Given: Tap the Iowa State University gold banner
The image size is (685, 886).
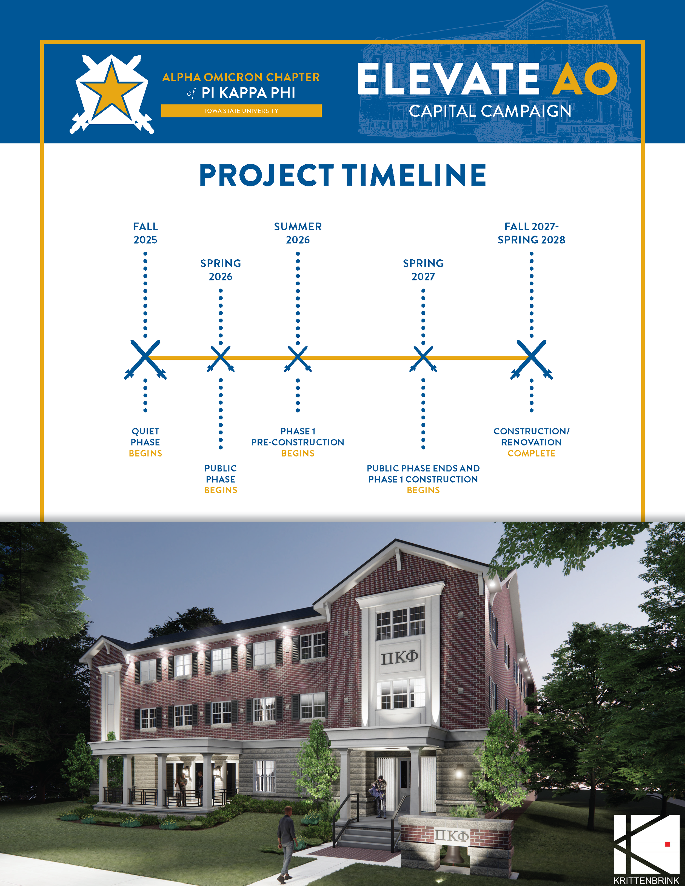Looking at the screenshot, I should pyautogui.click(x=241, y=111).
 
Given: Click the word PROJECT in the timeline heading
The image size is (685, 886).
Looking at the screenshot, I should pyautogui.click(x=266, y=175).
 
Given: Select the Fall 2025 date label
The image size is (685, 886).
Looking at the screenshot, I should pyautogui.click(x=145, y=233).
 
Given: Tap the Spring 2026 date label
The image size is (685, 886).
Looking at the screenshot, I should pyautogui.click(x=220, y=270).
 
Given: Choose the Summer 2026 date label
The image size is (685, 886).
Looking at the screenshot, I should pyautogui.click(x=298, y=233).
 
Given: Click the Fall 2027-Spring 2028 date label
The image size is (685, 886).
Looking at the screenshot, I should pyautogui.click(x=531, y=233).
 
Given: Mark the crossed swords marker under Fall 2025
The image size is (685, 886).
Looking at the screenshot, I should pyautogui.click(x=145, y=359).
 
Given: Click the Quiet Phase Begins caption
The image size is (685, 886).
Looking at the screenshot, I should pyautogui.click(x=145, y=442).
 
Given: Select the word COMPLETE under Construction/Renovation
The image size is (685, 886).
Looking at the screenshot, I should pyautogui.click(x=531, y=453).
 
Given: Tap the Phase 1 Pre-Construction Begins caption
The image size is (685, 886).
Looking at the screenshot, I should pyautogui.click(x=298, y=442).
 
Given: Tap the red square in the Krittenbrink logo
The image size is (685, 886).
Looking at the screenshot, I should pyautogui.click(x=667, y=844).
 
